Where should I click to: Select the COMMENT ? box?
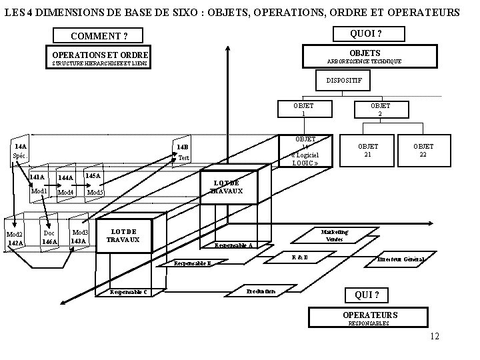(x=100, y=35)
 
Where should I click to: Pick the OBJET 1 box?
(x=303, y=109)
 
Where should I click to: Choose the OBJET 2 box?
(x=381, y=109)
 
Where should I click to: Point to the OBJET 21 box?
(x=368, y=150)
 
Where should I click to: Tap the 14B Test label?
(x=183, y=153)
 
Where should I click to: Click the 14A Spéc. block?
(x=20, y=150)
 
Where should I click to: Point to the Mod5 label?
(x=95, y=193)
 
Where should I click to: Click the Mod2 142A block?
(x=15, y=239)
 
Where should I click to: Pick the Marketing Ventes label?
(x=334, y=235)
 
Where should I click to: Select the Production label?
(x=261, y=291)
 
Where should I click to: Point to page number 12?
(x=435, y=337)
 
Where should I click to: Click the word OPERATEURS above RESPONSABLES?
(x=370, y=315)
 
